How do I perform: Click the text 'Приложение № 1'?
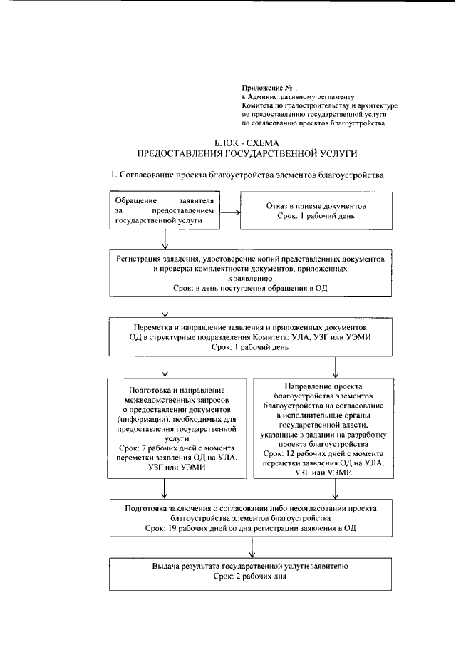267,87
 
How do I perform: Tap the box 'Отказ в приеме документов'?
316,211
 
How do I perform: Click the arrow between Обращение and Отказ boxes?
230,211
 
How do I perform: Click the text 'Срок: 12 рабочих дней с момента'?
328,454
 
